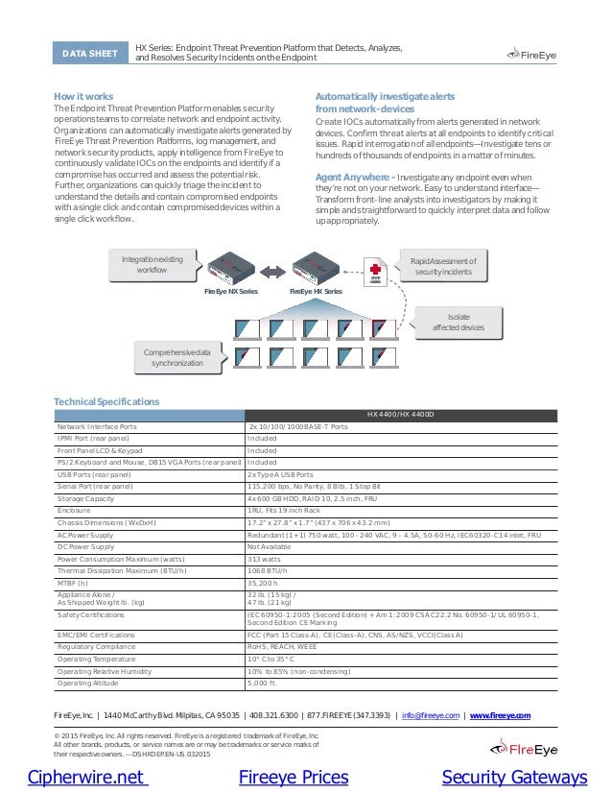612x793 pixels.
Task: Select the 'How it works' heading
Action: point(83,97)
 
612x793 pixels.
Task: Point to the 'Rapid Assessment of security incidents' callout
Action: point(442,266)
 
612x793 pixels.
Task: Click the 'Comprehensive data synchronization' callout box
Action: point(177,358)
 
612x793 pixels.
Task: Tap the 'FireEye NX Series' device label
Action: point(230,291)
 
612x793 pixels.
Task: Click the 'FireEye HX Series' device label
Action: point(316,291)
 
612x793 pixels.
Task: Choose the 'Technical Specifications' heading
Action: point(106,401)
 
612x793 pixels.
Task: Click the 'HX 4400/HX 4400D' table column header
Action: point(400,415)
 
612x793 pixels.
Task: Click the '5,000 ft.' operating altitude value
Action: point(263,683)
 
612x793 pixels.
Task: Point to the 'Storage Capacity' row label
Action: point(87,499)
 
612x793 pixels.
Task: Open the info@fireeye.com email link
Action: point(431,715)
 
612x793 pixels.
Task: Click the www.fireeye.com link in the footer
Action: point(501,715)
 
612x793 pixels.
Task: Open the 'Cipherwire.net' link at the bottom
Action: point(86,777)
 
